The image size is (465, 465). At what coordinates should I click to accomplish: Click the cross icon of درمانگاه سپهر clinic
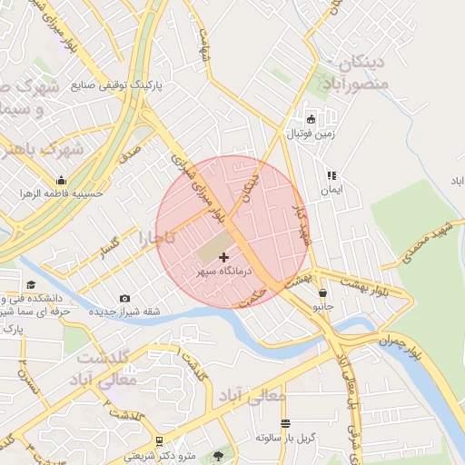tap(224, 259)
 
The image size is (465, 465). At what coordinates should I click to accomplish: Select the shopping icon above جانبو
tap(324, 293)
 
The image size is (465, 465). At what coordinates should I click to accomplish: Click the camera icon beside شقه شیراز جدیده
tap(124, 299)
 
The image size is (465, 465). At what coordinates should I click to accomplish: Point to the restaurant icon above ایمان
tap(331, 175)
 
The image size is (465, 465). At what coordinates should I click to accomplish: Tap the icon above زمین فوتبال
tap(312, 119)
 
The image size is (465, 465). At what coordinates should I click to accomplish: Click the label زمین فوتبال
tap(312, 134)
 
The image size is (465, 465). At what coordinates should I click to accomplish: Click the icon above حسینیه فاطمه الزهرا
tap(61, 180)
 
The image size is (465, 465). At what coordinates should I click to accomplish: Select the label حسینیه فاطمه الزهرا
tap(64, 193)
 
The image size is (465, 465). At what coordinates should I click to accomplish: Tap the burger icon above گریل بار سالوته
tap(285, 424)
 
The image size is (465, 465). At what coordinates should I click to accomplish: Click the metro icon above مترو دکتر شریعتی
tap(160, 440)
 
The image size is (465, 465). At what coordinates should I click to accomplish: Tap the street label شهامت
tap(205, 40)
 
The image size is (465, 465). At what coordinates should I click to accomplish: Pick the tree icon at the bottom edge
tap(217, 455)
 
